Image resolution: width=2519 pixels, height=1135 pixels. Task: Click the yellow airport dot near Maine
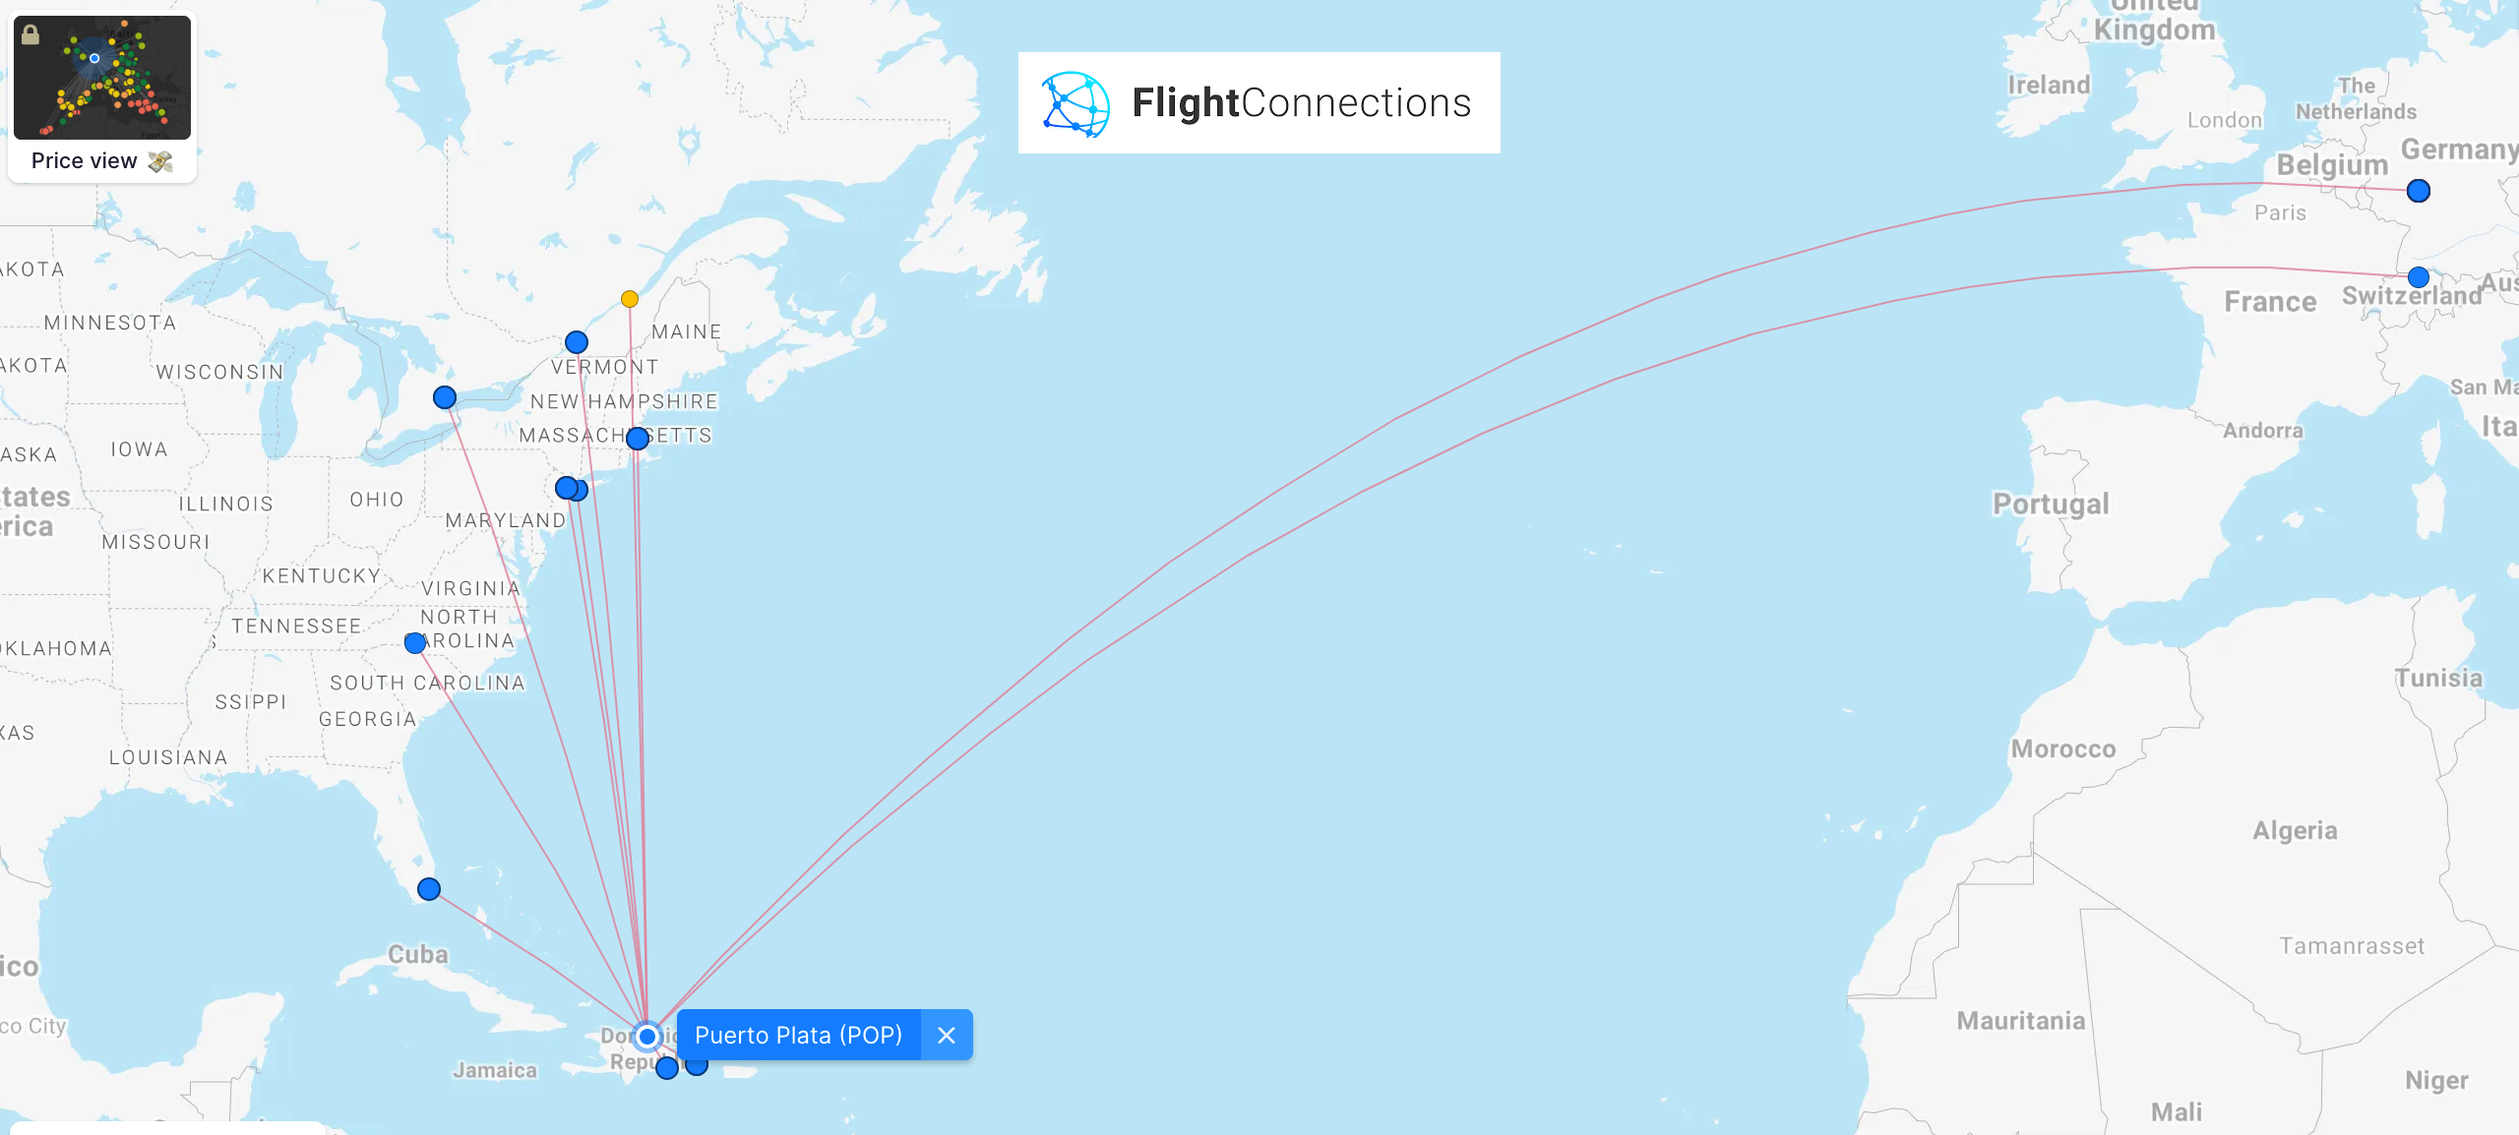point(630,299)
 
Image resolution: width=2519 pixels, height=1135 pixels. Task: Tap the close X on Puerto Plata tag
point(947,1035)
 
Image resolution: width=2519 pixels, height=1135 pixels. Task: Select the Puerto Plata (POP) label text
point(798,1035)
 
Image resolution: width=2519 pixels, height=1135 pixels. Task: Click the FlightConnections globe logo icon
point(1075,103)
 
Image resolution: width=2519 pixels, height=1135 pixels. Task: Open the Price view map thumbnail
point(102,78)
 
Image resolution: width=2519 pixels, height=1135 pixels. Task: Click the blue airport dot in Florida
point(429,889)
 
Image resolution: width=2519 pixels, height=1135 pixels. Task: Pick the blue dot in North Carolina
point(415,643)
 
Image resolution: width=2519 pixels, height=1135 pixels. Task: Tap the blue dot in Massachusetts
point(638,439)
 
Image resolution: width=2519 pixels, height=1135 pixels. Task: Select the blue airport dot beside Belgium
point(2419,191)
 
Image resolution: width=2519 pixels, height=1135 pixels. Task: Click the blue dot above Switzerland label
point(2419,277)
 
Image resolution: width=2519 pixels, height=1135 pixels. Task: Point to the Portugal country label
point(2051,504)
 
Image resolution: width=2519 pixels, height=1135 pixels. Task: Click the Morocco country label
point(2063,749)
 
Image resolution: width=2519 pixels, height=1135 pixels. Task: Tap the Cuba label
point(417,954)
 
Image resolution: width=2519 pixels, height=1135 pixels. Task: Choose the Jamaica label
point(495,1070)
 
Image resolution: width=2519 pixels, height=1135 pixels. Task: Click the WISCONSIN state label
point(219,372)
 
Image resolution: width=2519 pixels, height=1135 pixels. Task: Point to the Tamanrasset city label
point(2352,946)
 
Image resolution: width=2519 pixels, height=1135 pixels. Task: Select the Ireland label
point(2049,86)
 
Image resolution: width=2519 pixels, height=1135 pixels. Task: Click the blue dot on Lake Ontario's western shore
point(445,397)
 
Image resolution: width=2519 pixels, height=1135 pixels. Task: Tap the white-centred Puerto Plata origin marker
point(647,1036)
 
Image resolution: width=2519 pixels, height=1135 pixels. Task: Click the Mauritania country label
point(2021,1021)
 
